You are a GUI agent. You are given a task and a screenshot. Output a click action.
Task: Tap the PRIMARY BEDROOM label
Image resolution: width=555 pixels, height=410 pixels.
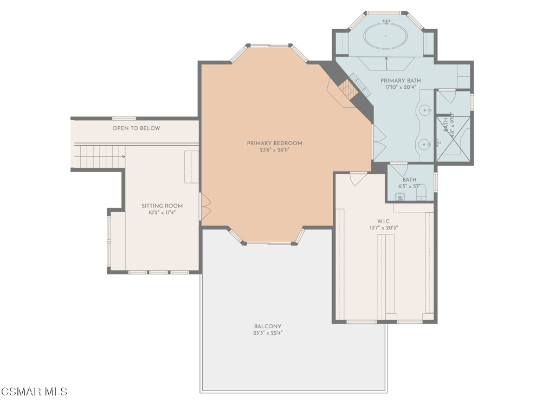[274, 143]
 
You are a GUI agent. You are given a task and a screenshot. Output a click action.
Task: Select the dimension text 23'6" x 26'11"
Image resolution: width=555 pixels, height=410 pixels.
[274, 150]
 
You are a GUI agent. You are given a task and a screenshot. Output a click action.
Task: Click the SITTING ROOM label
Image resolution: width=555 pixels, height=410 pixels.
[162, 206]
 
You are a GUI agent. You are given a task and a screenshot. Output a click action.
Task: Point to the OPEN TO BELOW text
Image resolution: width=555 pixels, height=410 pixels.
[136, 128]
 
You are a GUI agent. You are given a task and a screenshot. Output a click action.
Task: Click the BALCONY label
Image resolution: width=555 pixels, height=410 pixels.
[268, 326]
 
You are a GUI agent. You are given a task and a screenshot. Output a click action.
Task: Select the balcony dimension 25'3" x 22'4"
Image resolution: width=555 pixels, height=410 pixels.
[268, 333]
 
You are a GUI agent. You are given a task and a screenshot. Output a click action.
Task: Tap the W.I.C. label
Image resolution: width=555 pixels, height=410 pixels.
[385, 221]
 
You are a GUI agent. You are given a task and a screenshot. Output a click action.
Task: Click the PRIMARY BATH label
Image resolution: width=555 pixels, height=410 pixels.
[400, 80]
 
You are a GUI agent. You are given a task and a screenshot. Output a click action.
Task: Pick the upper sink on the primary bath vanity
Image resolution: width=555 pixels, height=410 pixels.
[425, 111]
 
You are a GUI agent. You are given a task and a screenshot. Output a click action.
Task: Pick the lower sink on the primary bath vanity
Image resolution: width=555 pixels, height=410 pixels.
[425, 144]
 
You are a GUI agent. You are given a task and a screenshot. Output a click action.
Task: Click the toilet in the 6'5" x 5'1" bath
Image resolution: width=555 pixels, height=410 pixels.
[401, 196]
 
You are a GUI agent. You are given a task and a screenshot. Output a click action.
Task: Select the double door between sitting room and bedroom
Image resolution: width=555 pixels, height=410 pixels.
[205, 206]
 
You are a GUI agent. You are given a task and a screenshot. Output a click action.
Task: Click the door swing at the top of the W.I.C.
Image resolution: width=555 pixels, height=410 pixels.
[358, 178]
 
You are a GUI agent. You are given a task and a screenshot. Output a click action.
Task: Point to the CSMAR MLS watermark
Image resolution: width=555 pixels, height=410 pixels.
[34, 392]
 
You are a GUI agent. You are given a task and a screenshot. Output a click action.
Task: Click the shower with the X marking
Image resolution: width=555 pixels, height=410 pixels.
[454, 138]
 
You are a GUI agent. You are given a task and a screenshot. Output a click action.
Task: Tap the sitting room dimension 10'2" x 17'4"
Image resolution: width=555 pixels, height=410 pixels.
[162, 213]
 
